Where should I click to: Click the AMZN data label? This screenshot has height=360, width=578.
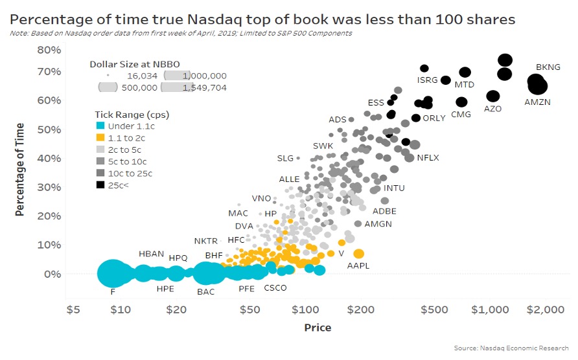coord(537,102)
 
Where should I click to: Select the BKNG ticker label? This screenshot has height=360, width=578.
coord(548,67)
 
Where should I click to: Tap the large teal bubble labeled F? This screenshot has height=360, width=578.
coord(112,273)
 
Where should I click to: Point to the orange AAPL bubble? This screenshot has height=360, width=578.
coord(358,254)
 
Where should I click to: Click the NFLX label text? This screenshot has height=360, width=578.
coord(428,157)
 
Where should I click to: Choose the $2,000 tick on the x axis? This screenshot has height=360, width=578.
coord(545,309)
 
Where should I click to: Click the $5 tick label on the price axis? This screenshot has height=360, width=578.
coord(73,309)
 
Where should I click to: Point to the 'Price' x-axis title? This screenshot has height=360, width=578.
coord(318,328)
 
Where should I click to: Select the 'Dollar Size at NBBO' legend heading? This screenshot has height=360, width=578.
coord(134,63)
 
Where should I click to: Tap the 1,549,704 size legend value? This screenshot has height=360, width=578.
coord(205,87)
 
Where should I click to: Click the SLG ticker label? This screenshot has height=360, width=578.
coord(285,158)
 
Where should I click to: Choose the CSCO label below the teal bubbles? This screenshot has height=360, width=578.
coord(275,289)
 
